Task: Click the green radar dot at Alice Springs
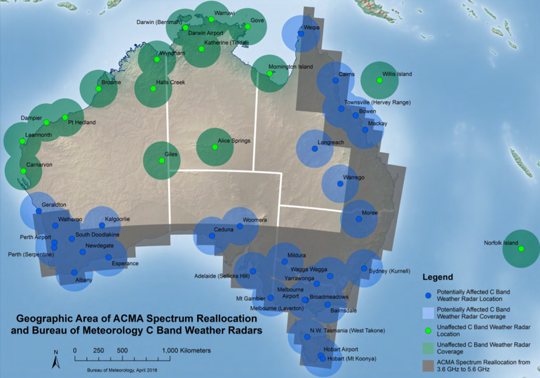[x=215, y=147]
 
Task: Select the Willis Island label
[x=397, y=74]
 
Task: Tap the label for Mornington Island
[x=291, y=67]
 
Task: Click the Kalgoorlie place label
[x=117, y=219]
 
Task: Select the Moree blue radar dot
[x=359, y=219]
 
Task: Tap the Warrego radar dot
[x=341, y=184]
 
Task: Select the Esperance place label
[x=124, y=264]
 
